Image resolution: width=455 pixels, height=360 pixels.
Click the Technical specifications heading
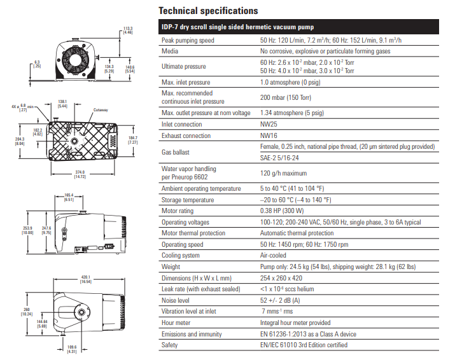tap(207, 11)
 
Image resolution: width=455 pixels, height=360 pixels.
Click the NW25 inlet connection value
tap(269, 125)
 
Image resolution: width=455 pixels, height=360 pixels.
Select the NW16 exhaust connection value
tap(269, 135)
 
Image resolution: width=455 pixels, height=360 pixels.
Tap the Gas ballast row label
tap(176, 152)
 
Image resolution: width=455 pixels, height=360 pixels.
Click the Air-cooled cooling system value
tap(274, 256)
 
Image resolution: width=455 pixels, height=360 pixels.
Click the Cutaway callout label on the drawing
tap(101, 110)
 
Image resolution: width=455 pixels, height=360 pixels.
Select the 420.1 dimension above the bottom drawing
tap(86, 278)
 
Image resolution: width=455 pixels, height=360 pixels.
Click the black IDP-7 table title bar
tap(297, 27)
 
